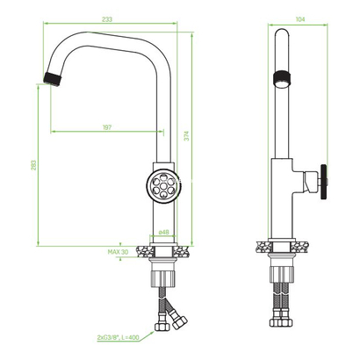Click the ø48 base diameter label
(163, 233)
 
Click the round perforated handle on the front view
(162, 187)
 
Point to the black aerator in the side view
(280, 77)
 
